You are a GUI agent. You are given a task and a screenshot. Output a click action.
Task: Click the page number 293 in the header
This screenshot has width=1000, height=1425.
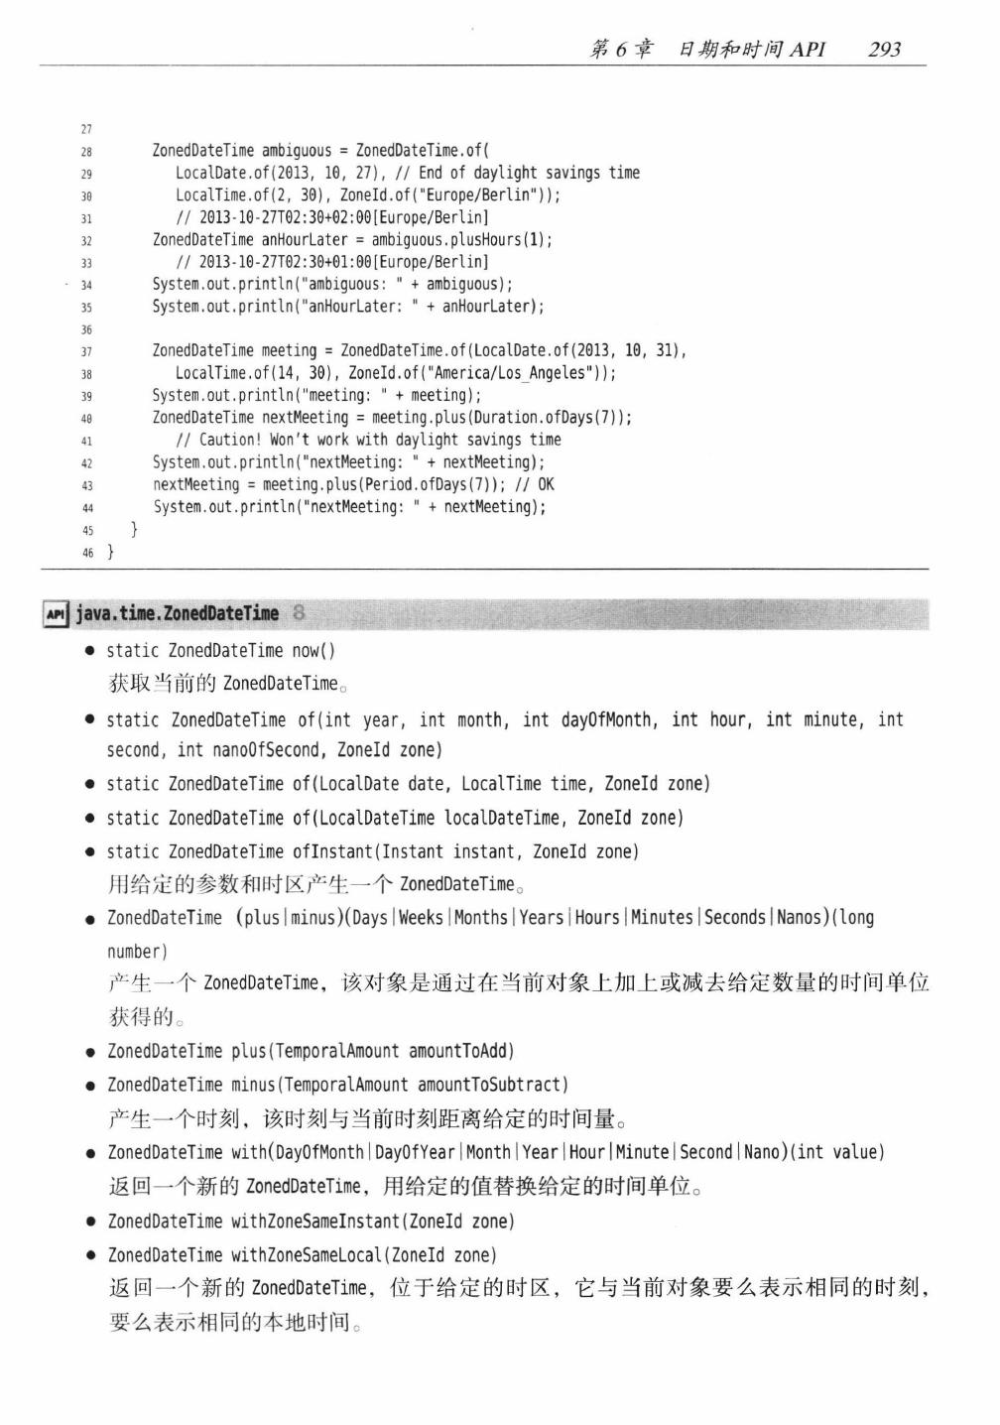coord(883,49)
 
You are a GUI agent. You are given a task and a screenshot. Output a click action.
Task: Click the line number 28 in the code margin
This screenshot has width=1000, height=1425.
coord(86,152)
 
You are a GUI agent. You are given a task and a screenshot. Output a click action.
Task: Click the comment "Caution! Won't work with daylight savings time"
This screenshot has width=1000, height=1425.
coord(368,440)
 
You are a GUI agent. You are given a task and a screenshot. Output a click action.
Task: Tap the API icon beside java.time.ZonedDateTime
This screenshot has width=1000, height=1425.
coord(56,615)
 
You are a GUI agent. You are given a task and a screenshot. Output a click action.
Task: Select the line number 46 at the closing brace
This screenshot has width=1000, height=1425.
coord(87,553)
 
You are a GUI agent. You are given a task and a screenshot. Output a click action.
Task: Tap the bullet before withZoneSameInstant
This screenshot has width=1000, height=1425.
coord(89,1223)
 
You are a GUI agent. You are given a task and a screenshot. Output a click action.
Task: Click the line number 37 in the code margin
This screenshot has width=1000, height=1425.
coord(86,351)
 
